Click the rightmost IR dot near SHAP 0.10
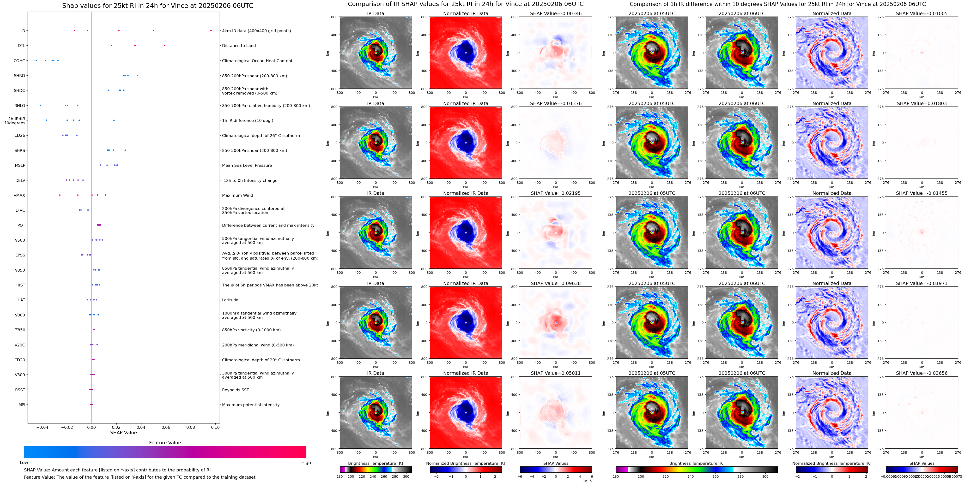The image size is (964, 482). pos(211,30)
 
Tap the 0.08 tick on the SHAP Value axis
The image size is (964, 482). pos(190,427)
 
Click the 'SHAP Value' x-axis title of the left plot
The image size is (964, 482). pos(123,433)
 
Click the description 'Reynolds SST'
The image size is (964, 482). pos(235,390)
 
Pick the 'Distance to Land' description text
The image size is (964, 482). pos(239,46)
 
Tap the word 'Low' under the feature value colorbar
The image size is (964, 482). pos(24,463)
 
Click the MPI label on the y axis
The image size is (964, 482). pos(22,405)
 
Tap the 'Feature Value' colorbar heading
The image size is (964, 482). pos(165,443)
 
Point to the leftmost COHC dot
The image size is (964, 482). pos(36,60)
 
